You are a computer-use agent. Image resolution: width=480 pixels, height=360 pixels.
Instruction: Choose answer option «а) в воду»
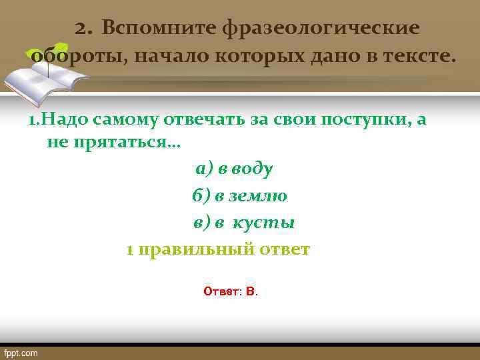tap(233, 169)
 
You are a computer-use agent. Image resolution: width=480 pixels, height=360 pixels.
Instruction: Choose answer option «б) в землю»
tap(239, 196)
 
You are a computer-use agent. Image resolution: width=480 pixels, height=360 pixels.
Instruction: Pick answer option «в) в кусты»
tap(244, 223)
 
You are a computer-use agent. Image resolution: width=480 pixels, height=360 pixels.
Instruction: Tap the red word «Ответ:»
tap(222, 291)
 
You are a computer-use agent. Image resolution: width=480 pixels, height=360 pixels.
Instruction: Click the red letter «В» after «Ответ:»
tap(250, 291)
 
